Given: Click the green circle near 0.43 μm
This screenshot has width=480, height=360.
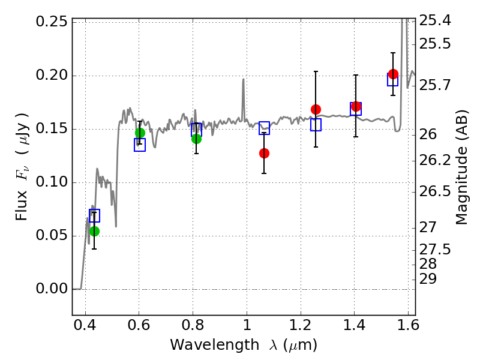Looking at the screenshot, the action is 95,231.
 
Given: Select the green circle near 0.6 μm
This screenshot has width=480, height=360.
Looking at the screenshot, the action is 140,133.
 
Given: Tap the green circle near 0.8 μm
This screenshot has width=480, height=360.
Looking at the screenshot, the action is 197,139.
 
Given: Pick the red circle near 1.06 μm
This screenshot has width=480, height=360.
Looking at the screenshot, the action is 264,153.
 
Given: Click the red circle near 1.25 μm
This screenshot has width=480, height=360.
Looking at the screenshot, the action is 316,109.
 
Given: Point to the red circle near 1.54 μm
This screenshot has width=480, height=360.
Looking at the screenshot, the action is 394,74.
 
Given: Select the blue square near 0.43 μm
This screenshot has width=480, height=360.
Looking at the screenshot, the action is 94,215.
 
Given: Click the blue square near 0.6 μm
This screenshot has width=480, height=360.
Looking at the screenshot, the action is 140,145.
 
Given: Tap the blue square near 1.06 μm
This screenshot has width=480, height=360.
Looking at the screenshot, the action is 264,128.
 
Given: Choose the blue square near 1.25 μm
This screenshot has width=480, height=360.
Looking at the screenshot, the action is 316,125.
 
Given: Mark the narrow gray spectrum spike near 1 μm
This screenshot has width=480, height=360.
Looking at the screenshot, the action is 244,100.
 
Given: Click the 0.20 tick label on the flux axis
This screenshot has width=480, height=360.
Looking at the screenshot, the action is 52,75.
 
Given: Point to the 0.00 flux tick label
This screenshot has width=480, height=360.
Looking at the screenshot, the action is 52,289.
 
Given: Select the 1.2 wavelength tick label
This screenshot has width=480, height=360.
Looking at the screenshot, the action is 301,325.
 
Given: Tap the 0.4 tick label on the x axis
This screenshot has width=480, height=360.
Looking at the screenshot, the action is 85,325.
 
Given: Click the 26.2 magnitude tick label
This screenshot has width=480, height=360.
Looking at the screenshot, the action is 434,160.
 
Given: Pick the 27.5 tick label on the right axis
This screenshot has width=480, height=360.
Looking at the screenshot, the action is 434,250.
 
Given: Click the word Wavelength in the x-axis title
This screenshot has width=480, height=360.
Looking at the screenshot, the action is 215,345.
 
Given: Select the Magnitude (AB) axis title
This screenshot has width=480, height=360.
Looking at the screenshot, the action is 462,167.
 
